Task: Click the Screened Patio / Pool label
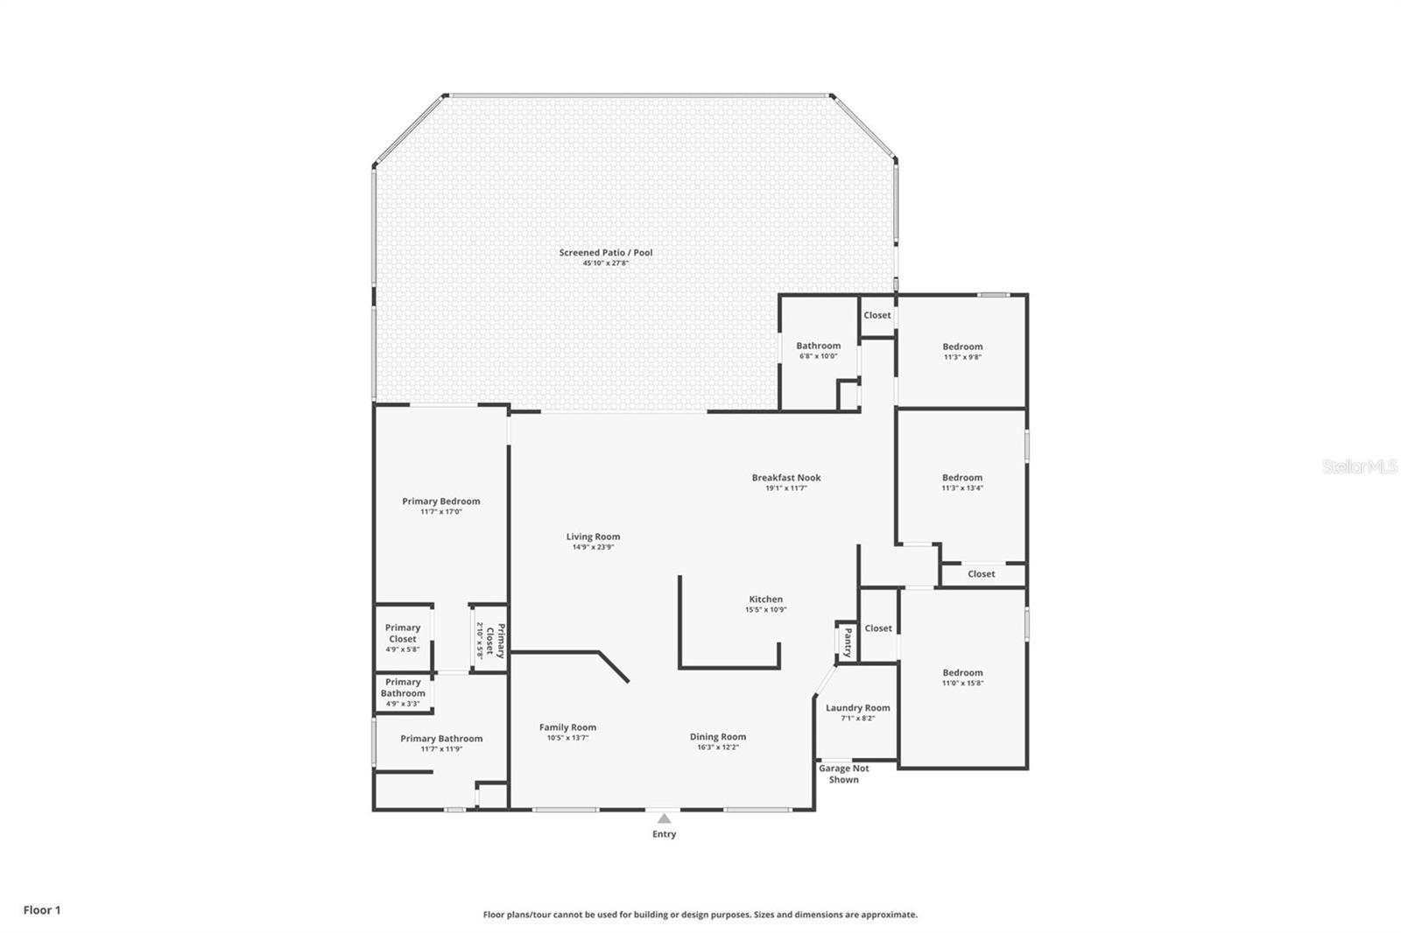pos(606,253)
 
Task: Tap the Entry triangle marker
pos(664,819)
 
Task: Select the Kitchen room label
pos(765,600)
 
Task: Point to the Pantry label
pos(847,642)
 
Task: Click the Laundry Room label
pos(857,708)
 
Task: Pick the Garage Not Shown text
pos(843,774)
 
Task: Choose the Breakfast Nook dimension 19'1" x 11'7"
pos(785,488)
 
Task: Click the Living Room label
pos(593,537)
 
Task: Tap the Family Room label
pos(567,727)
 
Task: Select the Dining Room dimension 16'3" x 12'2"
pos(717,747)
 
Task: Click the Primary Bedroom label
pos(440,502)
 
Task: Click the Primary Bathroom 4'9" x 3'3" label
pos(403,692)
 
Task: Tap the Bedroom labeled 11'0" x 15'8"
pos(962,673)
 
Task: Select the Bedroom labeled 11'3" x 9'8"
pos(962,347)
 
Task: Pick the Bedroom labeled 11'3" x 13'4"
pos(962,478)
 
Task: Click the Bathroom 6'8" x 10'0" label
pos(818,346)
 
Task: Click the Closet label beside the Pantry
pos(878,628)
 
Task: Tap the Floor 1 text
pos(42,910)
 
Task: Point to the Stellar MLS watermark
pos(1359,467)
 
